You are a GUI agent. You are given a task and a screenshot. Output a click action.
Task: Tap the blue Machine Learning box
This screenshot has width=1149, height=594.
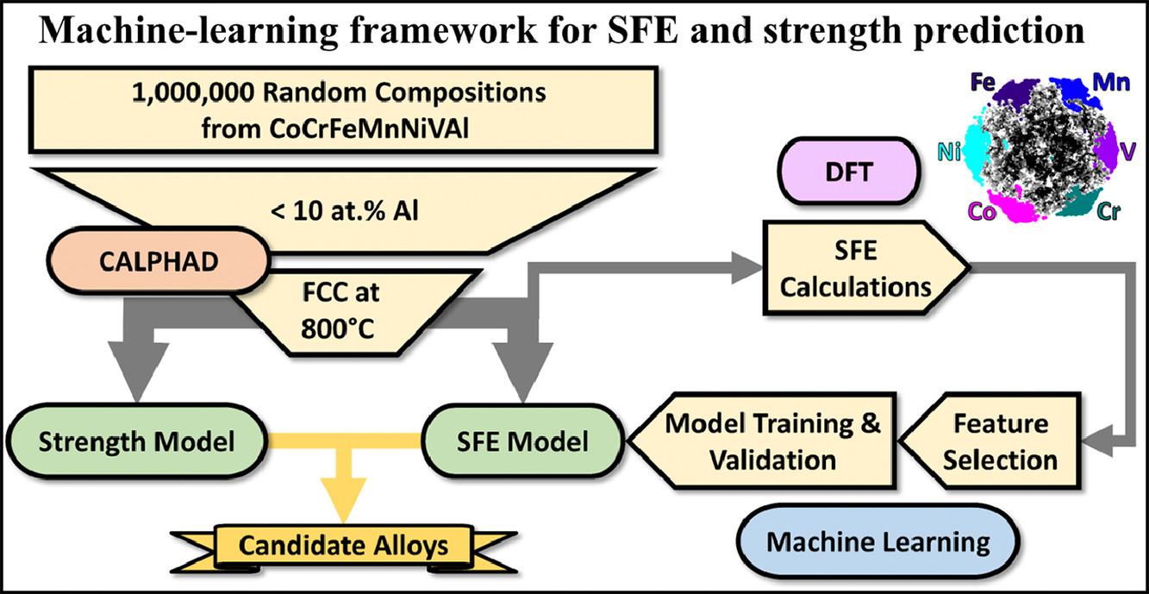coord(877,542)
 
